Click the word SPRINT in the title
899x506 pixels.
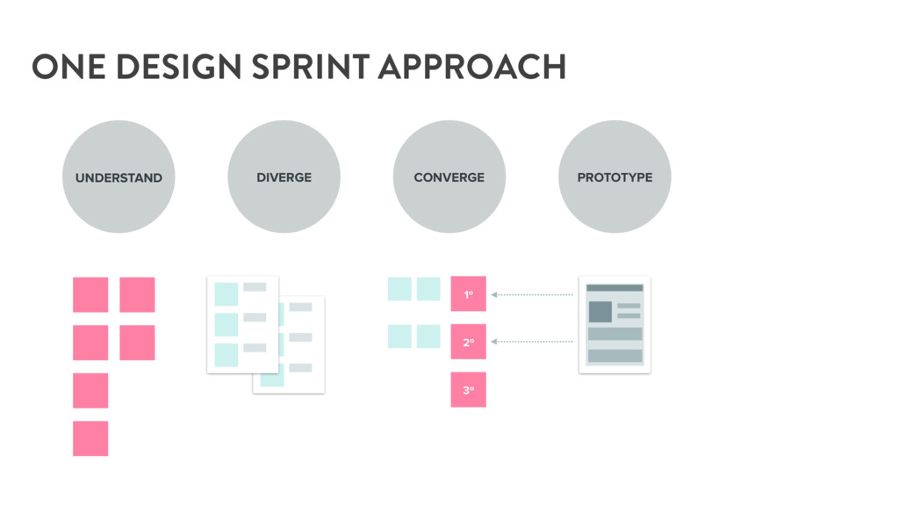(x=310, y=67)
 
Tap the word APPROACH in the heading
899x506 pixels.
(x=472, y=67)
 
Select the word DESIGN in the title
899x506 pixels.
(x=178, y=67)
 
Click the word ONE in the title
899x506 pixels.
(x=68, y=67)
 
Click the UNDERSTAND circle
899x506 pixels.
(x=119, y=177)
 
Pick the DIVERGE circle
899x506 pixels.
(x=284, y=177)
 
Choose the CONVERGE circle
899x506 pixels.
(x=449, y=177)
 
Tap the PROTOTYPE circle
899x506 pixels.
(x=615, y=177)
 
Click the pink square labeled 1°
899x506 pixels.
(x=469, y=293)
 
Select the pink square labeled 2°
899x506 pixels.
(x=469, y=342)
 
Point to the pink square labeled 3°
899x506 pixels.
(x=469, y=389)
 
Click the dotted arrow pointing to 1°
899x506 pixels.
(x=532, y=295)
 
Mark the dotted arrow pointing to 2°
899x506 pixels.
(x=532, y=342)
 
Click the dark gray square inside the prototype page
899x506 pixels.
(x=601, y=312)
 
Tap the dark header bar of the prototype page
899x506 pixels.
(x=615, y=288)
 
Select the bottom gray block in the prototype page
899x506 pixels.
(x=615, y=356)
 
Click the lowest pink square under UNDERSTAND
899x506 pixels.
(x=90, y=438)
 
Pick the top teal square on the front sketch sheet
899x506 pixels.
(x=227, y=294)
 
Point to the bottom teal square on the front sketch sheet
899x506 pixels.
(x=227, y=355)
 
